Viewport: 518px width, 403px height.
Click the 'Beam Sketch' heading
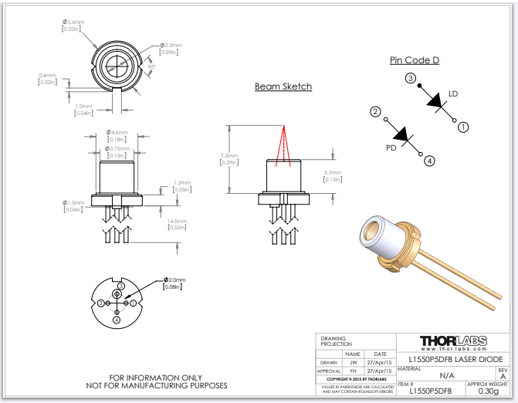283,86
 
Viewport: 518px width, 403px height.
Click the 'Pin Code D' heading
415,60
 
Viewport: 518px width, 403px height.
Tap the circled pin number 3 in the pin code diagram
411,78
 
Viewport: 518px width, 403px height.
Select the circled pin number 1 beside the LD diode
463,126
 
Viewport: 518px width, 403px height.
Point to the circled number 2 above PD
375,112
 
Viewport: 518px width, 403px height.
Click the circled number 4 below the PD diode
430,161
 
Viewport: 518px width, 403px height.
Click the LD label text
453,94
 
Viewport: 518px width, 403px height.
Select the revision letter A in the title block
503,376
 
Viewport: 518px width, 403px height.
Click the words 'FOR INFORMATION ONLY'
155,378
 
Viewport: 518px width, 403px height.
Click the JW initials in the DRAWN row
353,361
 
